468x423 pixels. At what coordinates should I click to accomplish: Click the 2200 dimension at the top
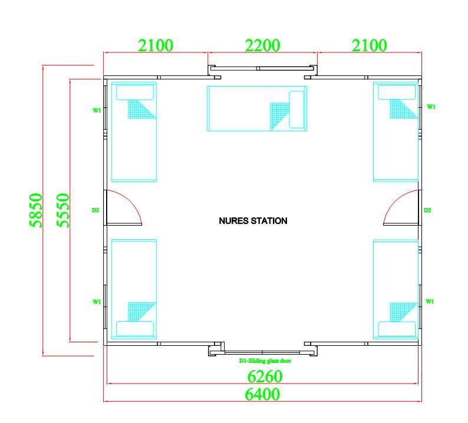coord(262,45)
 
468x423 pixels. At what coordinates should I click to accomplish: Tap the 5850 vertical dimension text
coord(36,210)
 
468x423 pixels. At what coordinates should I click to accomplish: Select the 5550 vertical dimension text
coord(63,210)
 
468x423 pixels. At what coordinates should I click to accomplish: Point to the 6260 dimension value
coord(265,376)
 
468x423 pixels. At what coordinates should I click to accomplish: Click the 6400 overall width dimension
coord(262,394)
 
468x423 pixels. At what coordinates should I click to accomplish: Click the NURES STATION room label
coord(253,221)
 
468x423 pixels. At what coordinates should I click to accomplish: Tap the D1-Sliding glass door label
coord(265,361)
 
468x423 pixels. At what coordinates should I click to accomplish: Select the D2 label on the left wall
coord(95,210)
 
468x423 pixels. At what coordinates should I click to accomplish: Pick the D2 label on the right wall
coord(427,210)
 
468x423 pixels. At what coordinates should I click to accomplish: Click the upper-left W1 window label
coord(97,110)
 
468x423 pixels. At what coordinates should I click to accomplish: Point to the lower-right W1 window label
coord(430,302)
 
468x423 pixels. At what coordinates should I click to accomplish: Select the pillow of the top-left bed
coord(135,92)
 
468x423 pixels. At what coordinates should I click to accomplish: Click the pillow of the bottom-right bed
coord(397,329)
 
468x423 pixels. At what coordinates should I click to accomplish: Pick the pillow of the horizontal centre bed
coord(296,110)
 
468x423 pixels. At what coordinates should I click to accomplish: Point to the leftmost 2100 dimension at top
coord(156,45)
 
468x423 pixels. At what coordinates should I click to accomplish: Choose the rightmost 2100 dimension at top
coord(369,45)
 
